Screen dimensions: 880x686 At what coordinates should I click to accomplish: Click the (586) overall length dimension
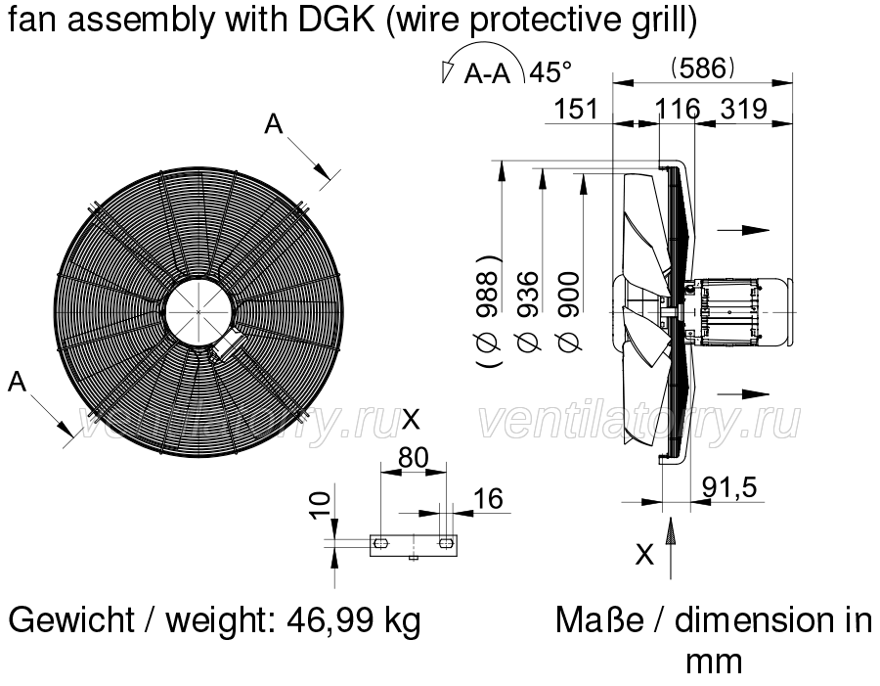coord(703,69)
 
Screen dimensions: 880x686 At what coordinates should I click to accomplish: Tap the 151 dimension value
coord(576,109)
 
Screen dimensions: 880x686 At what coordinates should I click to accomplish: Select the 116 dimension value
coord(678,109)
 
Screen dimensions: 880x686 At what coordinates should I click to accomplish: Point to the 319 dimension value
coord(744,109)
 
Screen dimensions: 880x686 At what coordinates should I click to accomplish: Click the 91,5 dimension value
coord(729,487)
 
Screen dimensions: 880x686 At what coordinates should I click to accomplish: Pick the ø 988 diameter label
coord(488,312)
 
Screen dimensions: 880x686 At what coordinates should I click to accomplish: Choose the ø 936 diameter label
coord(528,312)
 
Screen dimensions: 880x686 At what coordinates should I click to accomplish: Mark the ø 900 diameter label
coord(568,311)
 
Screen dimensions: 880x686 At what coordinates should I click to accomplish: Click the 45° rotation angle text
coord(550,71)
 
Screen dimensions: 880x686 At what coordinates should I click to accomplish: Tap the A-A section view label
coord(487,73)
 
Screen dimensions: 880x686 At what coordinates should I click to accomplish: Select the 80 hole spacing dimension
coord(414,458)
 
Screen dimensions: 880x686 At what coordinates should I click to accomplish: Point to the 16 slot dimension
coord(488,498)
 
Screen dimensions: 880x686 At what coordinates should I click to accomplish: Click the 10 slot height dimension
coord(320,505)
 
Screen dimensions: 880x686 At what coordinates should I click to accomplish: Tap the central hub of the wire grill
coord(199,311)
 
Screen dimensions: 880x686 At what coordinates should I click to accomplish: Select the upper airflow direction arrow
coord(743,230)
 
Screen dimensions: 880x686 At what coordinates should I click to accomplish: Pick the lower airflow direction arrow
coord(743,393)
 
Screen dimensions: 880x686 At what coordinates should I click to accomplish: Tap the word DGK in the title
coord(336,20)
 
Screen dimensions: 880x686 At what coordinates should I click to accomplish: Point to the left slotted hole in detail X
coord(381,543)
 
